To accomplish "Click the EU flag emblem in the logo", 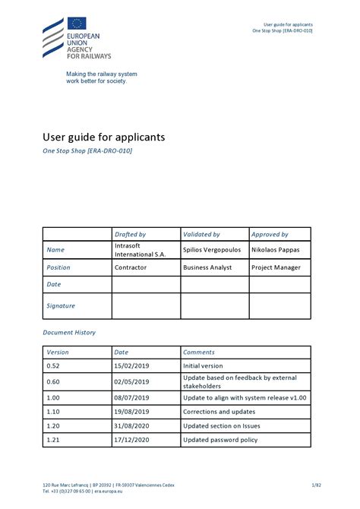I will click(77, 24).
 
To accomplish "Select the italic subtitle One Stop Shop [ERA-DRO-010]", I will click(87, 151).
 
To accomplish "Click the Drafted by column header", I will click(130, 235).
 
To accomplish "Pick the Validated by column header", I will click(201, 235).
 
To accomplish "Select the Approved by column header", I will click(270, 235).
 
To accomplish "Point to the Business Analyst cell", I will click(208, 267).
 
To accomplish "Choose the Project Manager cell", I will click(276, 267).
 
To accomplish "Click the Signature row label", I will click(61, 306).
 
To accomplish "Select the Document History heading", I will click(69, 333).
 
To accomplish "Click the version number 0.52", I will click(53, 365).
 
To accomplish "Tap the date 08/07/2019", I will click(132, 397).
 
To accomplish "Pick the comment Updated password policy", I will click(220, 440).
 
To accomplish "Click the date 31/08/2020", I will click(132, 425).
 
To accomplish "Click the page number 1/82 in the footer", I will click(305, 485).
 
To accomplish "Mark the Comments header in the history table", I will click(199, 353).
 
